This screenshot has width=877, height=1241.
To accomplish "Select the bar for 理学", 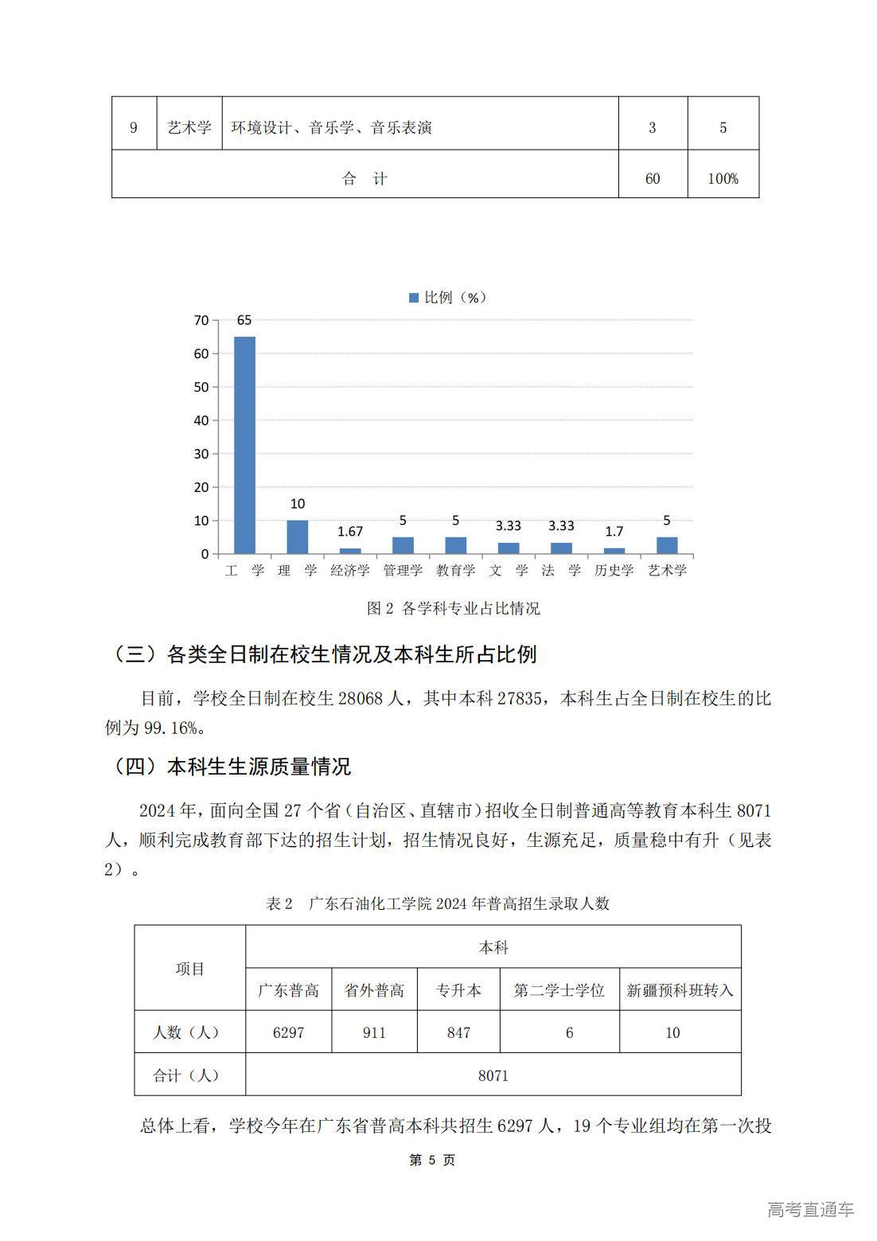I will (x=297, y=537).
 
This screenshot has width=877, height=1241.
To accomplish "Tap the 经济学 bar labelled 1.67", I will (x=350, y=551).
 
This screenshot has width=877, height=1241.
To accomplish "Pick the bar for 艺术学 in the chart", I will (x=667, y=545).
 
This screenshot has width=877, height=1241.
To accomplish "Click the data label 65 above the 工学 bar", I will (x=244, y=321).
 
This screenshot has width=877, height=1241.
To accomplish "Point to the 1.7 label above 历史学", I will (x=614, y=532).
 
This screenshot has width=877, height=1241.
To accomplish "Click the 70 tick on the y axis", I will (x=201, y=321).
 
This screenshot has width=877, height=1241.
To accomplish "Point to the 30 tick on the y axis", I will (x=201, y=454).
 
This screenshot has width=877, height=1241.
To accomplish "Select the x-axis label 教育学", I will (x=455, y=571).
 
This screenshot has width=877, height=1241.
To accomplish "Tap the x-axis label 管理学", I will (x=403, y=571).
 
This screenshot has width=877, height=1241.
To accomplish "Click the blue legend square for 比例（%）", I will (x=414, y=298).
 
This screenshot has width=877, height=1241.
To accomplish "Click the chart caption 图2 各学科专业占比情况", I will (x=453, y=609).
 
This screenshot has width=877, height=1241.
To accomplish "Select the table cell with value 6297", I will (x=288, y=1032).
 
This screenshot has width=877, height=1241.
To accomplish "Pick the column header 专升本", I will (x=458, y=990).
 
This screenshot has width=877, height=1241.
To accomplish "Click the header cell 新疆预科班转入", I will (x=680, y=990).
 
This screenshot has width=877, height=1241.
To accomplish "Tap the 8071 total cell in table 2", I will (x=493, y=1075).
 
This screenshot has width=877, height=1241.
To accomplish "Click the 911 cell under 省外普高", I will (x=374, y=1032).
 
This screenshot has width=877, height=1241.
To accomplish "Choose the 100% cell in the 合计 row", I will (x=723, y=179).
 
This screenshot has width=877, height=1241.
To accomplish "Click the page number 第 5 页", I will (x=432, y=1161).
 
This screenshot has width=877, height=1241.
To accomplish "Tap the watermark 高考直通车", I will (x=810, y=1210).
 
